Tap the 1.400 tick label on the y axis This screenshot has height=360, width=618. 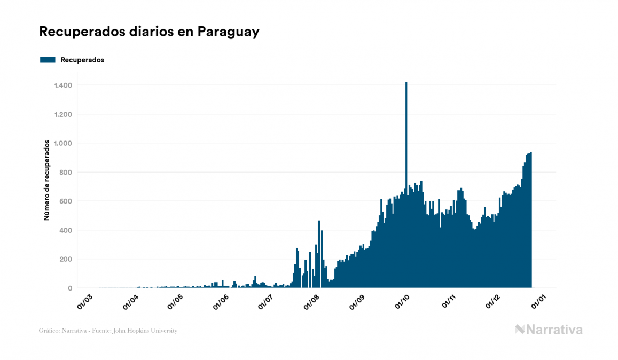[x=63, y=85]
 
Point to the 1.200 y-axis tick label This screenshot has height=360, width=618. [x=63, y=114]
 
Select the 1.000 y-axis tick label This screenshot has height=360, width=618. [x=63, y=143]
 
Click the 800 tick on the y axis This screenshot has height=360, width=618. [x=66, y=173]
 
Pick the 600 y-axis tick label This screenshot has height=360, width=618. [x=66, y=201]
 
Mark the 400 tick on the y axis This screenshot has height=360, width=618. [x=66, y=230]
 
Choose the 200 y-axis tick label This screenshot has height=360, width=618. [x=66, y=259]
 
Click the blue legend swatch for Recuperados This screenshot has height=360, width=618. [x=48, y=60]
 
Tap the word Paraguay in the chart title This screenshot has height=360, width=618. [x=228, y=32]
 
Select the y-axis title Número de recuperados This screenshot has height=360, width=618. [x=46, y=180]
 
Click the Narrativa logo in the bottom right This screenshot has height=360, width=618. [x=549, y=330]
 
